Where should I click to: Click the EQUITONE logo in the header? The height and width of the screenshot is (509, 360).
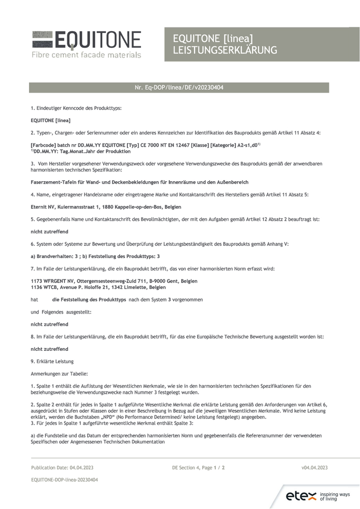tap(87, 39)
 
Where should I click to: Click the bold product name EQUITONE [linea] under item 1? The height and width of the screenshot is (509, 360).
tap(50, 120)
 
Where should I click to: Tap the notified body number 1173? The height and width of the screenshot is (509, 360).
tap(36, 281)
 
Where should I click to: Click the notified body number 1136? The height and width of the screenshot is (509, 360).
tap(36, 287)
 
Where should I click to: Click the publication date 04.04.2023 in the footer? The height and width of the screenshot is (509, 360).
tap(79, 467)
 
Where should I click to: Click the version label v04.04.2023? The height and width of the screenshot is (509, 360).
tap(314, 467)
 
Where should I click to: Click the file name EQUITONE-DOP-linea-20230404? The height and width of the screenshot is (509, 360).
tap(64, 479)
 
